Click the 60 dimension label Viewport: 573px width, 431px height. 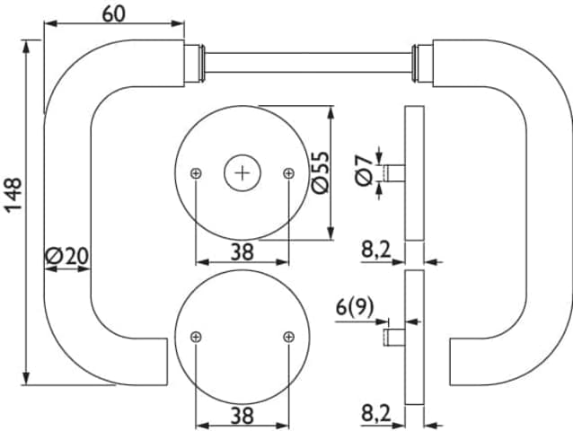point(114,14)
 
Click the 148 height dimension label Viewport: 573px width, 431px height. point(13,195)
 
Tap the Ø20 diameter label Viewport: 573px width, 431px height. point(66,256)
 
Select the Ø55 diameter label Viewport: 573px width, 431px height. point(319,172)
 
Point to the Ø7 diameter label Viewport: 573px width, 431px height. point(363,171)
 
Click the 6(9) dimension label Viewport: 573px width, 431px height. point(355,307)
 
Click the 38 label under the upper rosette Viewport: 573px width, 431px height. point(242,252)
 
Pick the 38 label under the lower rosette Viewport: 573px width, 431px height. point(242,416)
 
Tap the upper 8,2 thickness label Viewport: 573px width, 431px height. point(376,251)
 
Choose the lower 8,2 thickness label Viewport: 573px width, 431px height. point(376,414)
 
